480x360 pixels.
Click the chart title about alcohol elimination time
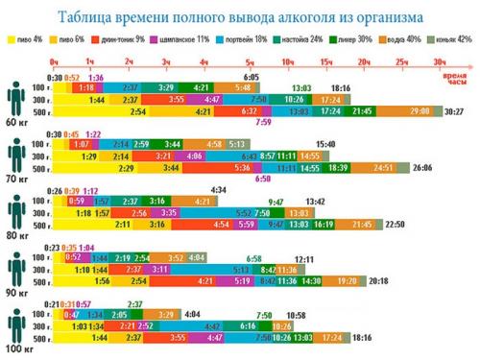240,16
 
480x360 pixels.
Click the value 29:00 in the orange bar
420,111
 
